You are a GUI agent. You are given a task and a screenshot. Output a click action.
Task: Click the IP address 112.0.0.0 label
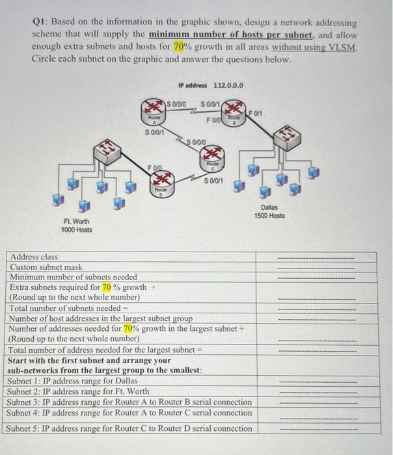coord(210,86)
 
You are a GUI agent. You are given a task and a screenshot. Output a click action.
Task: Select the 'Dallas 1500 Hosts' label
coord(269,211)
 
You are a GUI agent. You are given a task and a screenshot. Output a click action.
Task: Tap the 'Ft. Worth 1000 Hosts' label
coord(77,226)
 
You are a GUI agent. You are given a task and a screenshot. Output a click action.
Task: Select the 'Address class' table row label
coord(34,257)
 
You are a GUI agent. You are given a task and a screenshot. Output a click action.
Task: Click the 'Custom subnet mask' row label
coord(47,267)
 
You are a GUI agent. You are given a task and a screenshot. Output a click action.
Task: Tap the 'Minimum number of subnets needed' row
coord(74,277)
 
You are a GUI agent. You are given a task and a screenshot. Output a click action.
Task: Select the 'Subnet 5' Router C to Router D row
coord(129,428)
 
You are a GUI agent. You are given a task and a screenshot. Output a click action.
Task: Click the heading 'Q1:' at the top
coord(41,22)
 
